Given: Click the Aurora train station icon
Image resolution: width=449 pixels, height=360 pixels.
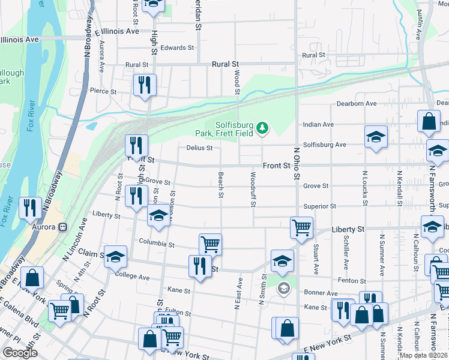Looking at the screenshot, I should coord(62,227).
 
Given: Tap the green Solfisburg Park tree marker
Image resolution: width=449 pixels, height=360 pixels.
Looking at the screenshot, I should coord(262,127).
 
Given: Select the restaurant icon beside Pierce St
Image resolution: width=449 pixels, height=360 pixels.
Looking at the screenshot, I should coord(144,85).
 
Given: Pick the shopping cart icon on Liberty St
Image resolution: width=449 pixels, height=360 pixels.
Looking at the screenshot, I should coord(301,227).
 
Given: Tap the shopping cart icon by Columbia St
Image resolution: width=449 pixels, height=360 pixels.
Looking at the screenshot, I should coord(210,244).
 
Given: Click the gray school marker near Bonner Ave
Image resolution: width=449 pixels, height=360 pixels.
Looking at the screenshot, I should coord(283,289).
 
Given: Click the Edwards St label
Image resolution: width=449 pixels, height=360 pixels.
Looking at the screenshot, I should coord(177,47).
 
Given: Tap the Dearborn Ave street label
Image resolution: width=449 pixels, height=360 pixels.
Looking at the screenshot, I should coord(357,104).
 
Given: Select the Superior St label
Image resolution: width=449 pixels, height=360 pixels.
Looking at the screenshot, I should coord(319,206).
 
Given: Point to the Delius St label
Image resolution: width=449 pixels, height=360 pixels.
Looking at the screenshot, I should coord(200,148).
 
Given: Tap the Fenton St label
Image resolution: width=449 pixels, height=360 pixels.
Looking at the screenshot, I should coord(352,281).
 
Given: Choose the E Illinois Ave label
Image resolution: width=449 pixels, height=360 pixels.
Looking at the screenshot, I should coord(116,31).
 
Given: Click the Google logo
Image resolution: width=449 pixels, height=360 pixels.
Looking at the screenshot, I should coord(20,353).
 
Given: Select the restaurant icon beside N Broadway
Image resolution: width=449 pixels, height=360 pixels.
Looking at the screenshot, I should coord(29,208).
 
